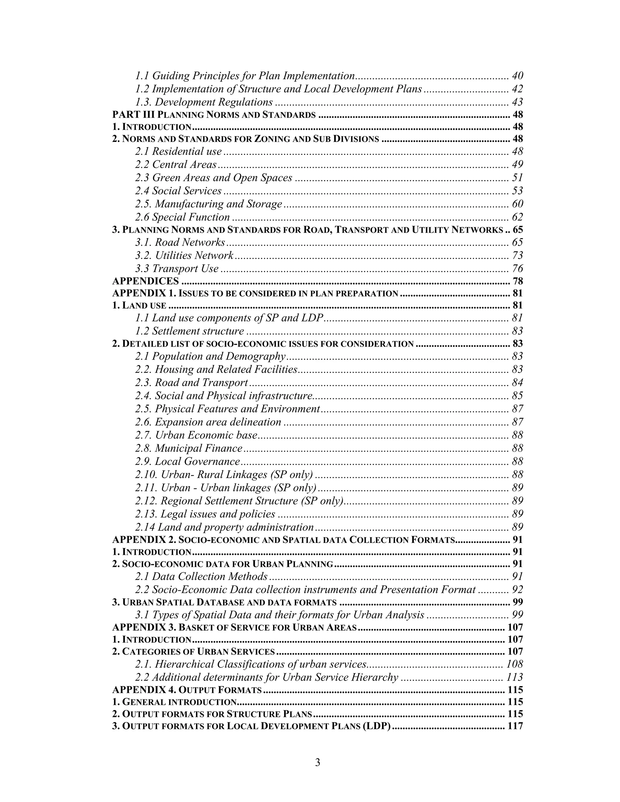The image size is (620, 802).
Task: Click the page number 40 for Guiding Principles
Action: point(517,76)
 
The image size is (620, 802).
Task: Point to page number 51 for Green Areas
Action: point(517,178)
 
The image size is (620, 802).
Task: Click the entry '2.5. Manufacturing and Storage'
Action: point(208,204)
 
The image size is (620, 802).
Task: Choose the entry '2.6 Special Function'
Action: point(182,217)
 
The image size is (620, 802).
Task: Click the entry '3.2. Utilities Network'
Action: point(184,255)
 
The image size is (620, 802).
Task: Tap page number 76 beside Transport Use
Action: point(517,268)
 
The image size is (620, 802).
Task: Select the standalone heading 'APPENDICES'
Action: point(145,281)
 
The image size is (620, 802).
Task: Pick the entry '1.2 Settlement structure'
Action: point(189,331)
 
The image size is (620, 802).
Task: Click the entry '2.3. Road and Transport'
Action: point(191,383)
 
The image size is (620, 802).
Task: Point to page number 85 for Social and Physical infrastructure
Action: point(517,396)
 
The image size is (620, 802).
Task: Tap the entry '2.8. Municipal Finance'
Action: point(189,449)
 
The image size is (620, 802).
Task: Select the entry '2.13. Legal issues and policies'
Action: point(205,514)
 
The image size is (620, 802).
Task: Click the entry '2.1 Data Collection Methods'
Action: point(201,577)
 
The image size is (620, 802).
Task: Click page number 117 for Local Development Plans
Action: point(515,726)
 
